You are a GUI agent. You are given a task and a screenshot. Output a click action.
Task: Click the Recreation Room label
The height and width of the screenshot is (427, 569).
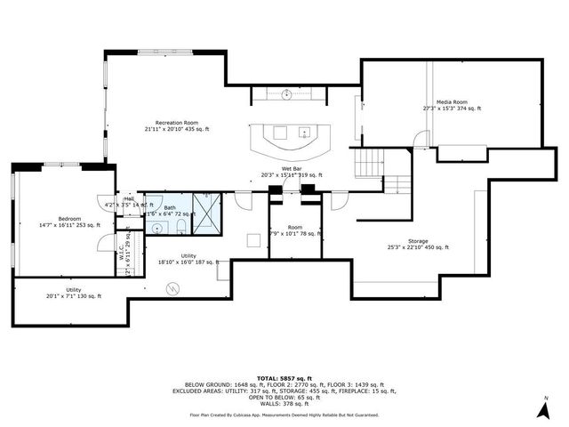[x=176, y=123]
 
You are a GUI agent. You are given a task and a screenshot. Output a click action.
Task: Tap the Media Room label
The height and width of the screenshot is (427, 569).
[x=452, y=102]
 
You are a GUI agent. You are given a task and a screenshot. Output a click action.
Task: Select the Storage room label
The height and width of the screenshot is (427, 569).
[x=418, y=241]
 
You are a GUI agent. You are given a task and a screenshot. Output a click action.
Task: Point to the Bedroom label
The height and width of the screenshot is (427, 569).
[x=69, y=218]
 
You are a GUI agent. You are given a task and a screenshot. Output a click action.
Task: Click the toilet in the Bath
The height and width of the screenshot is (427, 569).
[x=180, y=228]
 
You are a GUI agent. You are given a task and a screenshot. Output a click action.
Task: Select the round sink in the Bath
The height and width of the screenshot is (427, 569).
[x=156, y=229]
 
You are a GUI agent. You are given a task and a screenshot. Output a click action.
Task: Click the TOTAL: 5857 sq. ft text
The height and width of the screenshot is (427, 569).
[x=284, y=377]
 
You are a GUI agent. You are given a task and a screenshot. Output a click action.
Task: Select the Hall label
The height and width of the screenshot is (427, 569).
[x=129, y=199]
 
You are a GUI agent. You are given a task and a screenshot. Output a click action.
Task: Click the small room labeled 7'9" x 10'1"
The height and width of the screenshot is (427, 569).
[x=294, y=231]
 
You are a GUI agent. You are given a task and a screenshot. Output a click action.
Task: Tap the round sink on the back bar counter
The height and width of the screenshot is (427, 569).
[x=289, y=93]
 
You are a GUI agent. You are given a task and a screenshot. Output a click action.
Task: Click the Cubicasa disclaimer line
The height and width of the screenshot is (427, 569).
[x=284, y=415]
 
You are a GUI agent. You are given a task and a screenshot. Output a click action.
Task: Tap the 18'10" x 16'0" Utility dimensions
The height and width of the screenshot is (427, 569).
[x=188, y=262]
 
